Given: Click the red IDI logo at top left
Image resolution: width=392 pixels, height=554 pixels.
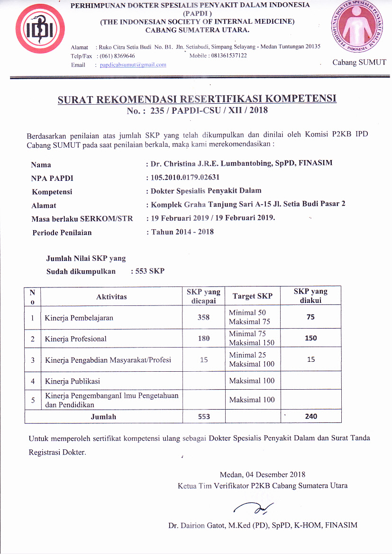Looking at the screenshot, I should [35, 31].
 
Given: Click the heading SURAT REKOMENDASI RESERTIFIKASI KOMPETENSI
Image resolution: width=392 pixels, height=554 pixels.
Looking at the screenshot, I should [197, 99].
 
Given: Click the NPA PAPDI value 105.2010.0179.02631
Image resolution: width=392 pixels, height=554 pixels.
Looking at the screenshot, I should [185, 178].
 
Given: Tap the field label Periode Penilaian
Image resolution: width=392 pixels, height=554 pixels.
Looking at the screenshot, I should [62, 232].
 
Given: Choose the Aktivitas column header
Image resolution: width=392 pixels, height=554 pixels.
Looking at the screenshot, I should [111, 296].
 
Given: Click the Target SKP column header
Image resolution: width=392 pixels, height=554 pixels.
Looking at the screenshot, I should [252, 296].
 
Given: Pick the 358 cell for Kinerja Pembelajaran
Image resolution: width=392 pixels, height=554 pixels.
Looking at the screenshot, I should [203, 317].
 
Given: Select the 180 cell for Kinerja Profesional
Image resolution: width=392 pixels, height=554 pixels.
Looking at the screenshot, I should [203, 339].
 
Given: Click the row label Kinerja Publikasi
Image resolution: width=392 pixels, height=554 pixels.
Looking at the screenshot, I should [73, 381].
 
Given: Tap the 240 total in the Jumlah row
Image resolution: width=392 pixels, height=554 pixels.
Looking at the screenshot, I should [311, 416].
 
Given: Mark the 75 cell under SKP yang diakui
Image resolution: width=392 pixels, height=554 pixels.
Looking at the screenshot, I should [310, 317].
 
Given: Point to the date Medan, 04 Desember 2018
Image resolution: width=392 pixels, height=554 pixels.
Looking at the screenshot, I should [263, 474].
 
